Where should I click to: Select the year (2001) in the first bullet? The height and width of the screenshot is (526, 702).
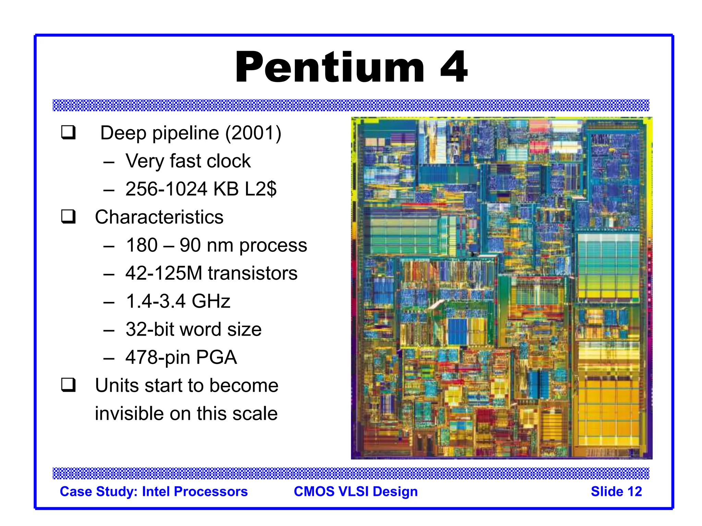click(253, 133)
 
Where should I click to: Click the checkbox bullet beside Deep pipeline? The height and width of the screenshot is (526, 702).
click(68, 133)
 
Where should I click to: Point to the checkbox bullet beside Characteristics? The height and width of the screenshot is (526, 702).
click(68, 217)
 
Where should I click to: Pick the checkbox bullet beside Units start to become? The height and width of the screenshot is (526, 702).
click(68, 385)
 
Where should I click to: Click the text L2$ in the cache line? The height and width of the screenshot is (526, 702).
click(261, 189)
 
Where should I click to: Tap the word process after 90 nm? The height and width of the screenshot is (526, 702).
click(273, 245)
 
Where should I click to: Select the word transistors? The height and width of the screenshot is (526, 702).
click(253, 273)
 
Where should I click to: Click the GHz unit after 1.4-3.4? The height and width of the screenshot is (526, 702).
click(211, 301)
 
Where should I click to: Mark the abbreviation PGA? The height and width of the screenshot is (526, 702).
click(216, 358)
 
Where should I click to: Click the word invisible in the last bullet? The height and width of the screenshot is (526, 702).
click(129, 413)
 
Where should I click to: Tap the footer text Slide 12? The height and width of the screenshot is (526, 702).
click(616, 491)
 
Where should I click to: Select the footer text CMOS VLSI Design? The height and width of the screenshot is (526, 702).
click(355, 491)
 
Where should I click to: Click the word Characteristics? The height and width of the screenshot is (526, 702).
click(159, 217)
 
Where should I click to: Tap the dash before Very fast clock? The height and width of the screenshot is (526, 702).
click(109, 162)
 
